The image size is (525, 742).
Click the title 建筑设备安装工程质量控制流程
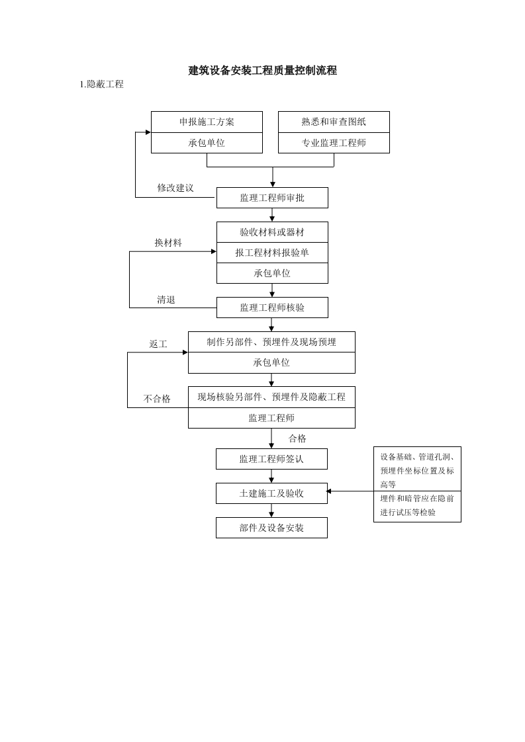point(262,71)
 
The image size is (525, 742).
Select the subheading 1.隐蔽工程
point(101,85)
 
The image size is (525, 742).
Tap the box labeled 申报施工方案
point(207,122)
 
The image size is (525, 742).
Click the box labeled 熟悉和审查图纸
point(334,122)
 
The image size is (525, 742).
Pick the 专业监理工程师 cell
point(334,143)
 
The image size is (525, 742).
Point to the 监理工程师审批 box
point(272,198)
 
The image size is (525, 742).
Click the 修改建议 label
point(175,188)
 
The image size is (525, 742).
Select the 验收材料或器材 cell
point(272,232)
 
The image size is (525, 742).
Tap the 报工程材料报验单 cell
point(272,253)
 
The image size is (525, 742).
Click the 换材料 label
point(168,243)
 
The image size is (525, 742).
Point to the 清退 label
point(166,300)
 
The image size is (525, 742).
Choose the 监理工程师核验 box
point(272,308)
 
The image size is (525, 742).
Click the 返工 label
point(158,344)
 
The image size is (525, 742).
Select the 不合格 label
point(157,399)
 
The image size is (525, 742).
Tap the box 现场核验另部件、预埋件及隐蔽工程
point(271,397)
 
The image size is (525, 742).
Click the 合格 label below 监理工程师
point(297,438)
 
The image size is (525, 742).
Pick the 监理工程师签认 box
point(271,459)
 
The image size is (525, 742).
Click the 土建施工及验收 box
point(271,493)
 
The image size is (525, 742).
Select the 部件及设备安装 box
point(271,528)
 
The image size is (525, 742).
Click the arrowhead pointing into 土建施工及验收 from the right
point(329,491)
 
